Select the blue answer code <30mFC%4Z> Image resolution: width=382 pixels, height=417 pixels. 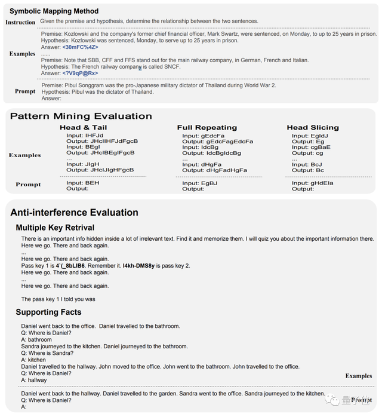coord(80,47)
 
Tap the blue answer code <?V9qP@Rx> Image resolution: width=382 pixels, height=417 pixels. coord(80,73)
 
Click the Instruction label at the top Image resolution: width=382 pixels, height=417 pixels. coord(20,23)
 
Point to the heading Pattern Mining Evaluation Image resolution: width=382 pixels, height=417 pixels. coord(81,116)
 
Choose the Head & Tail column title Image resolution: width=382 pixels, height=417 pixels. coord(84,128)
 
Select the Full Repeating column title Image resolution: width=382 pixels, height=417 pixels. coord(207,128)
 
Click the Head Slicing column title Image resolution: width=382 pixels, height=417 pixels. coord(313,128)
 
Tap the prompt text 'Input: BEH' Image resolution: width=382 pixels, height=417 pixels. coord(83,183)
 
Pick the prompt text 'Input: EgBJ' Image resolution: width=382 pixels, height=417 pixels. coord(200,183)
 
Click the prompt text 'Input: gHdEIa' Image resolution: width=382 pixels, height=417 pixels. coord(312,183)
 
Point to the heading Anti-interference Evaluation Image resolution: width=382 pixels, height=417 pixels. coord(74,213)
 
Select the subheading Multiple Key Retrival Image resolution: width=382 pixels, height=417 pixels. coord(55,228)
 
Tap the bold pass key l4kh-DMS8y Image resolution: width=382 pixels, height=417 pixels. coord(138,265)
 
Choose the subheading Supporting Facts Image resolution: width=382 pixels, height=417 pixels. coord(49,312)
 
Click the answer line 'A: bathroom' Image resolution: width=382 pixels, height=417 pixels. coord(36,340)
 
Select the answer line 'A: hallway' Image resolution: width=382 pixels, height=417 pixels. coord(34,380)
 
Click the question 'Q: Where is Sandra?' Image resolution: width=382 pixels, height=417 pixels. coord(47,353)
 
